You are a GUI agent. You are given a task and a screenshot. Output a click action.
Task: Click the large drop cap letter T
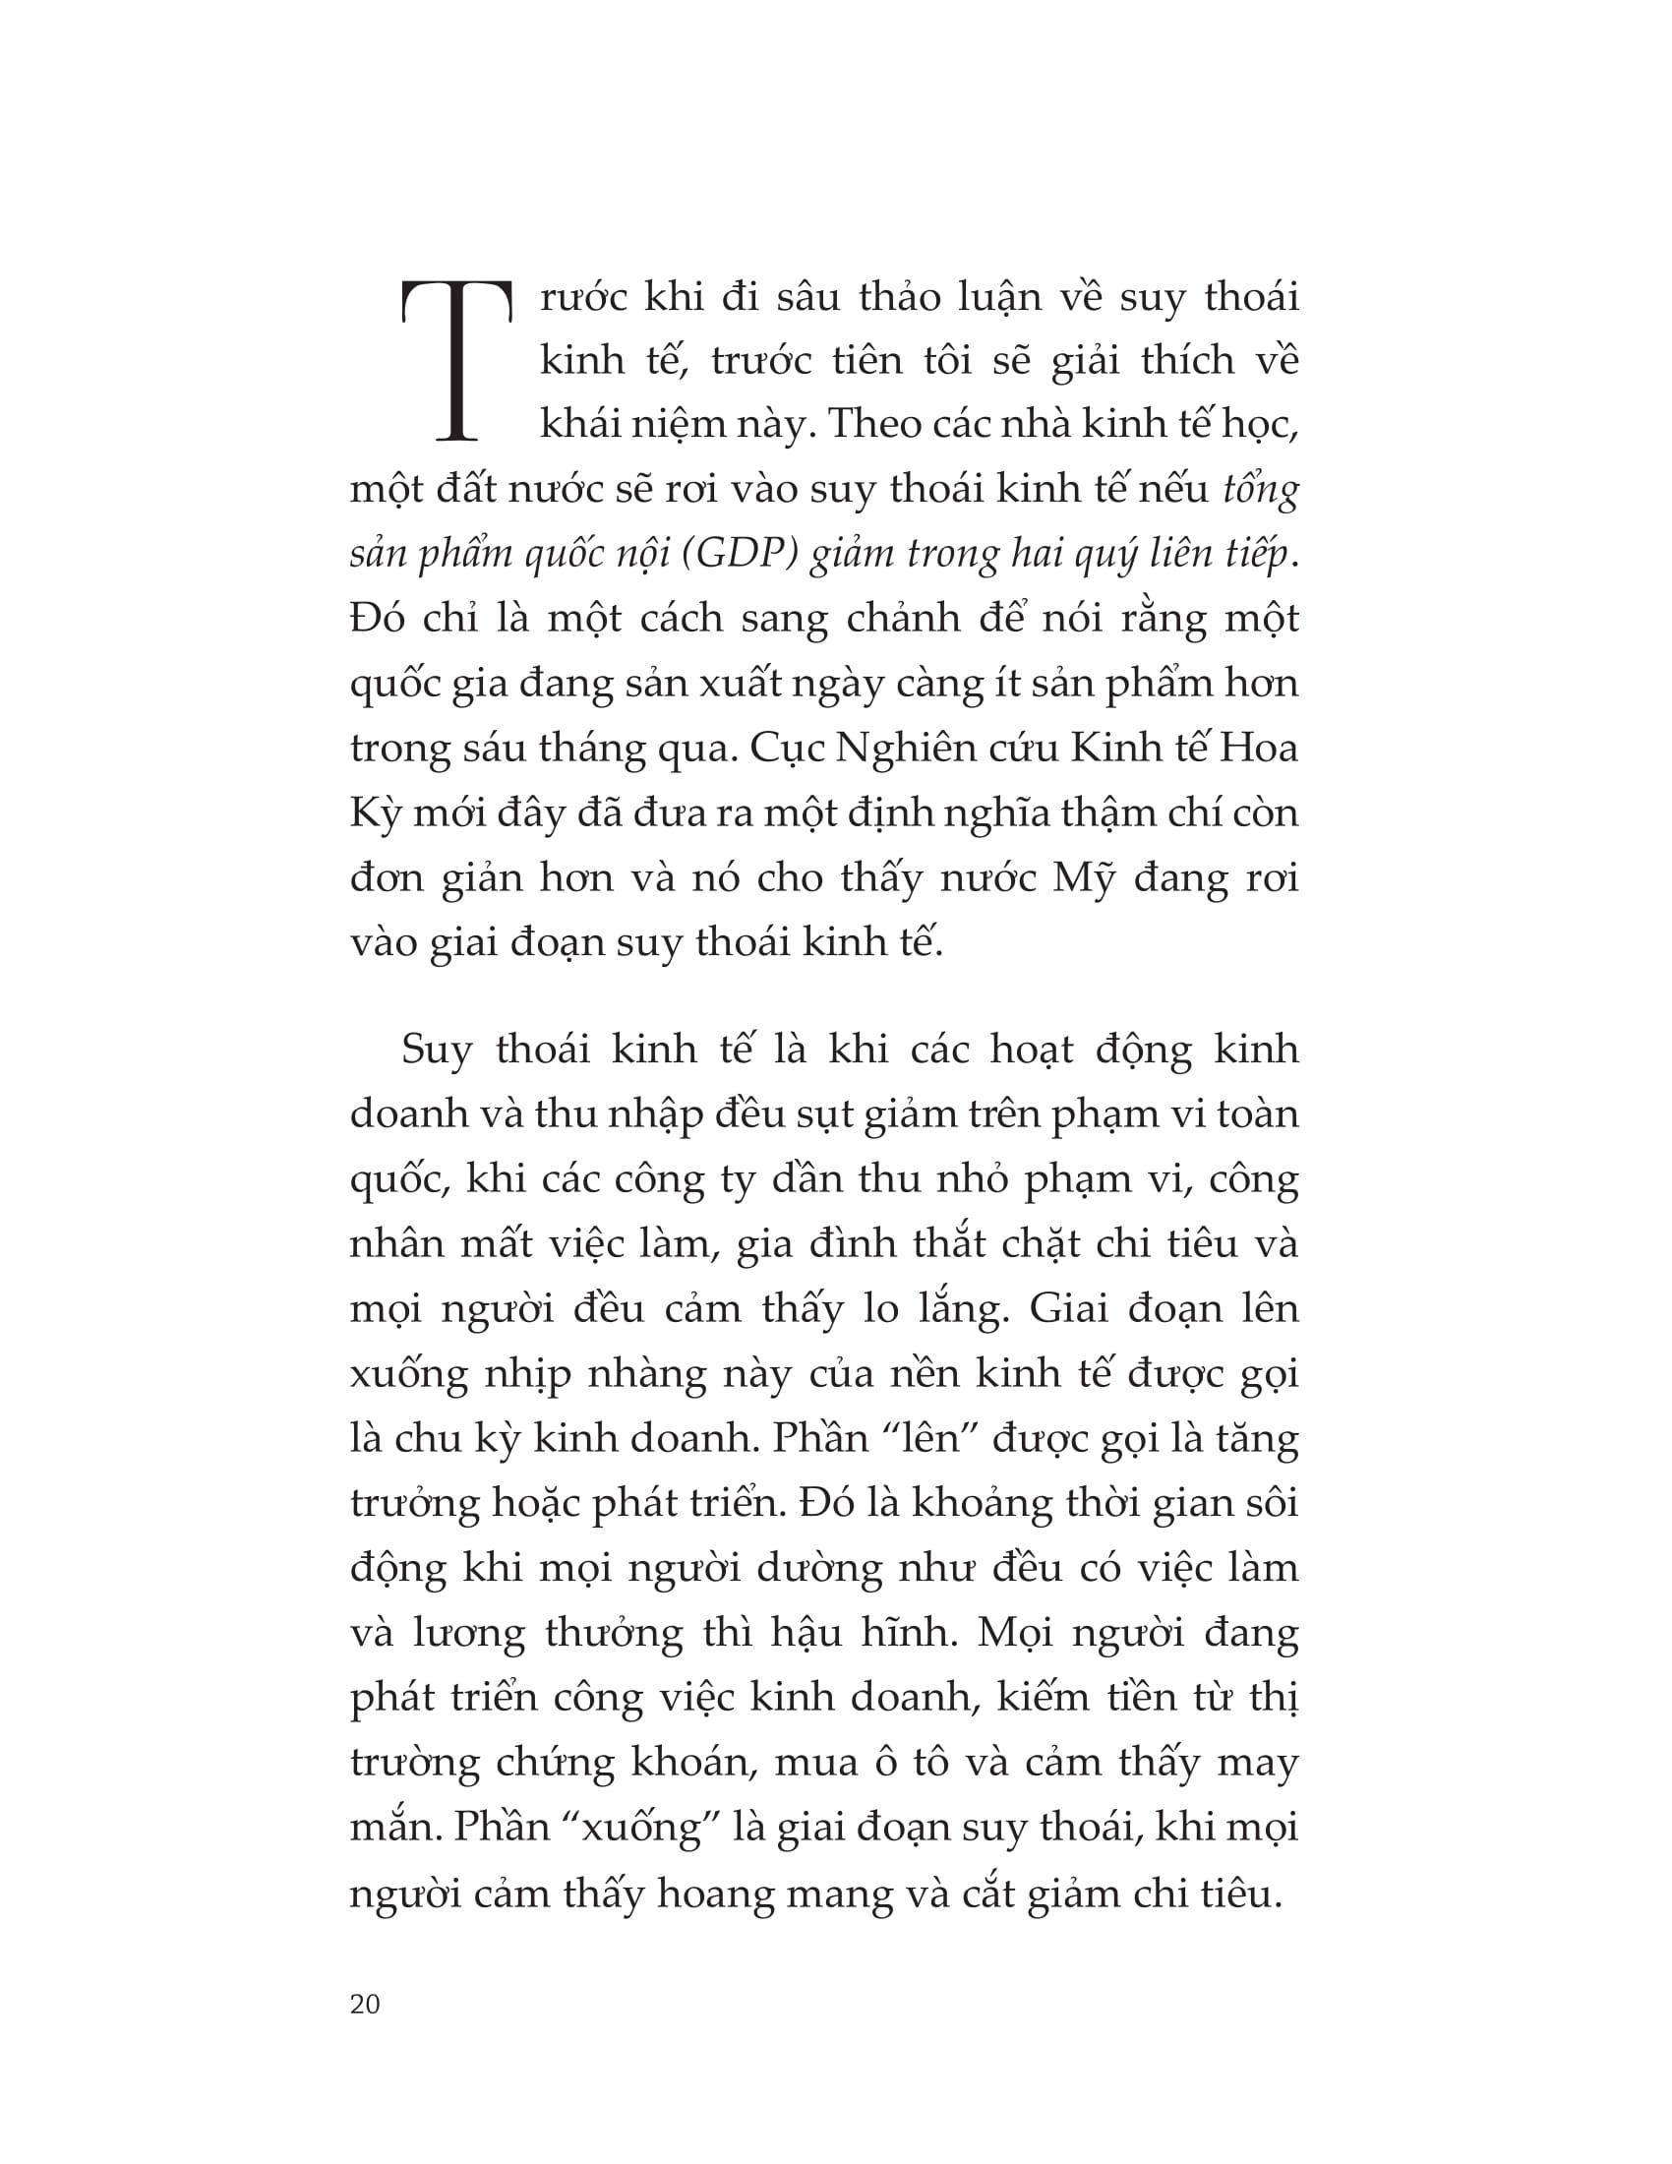coord(455,361)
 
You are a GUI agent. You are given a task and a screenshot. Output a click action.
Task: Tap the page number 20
coord(365,2004)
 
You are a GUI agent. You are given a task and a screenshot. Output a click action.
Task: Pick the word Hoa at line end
coord(1258,749)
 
